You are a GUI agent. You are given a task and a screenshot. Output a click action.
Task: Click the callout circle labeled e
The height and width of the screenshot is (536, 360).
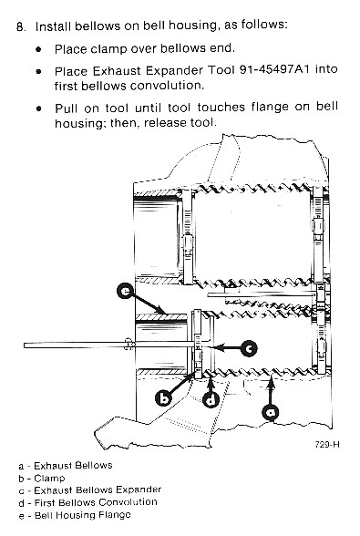coord(126,292)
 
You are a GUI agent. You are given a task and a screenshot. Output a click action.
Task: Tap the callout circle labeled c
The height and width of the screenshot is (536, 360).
coord(249,348)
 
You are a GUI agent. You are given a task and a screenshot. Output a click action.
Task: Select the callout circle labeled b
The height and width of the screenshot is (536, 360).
coord(165,398)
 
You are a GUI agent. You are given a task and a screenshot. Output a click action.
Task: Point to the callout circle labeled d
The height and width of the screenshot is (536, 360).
coord(211,399)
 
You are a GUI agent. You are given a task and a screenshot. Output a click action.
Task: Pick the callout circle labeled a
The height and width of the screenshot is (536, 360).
coord(271,413)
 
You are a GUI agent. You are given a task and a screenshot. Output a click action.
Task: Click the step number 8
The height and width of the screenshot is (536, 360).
coord(21,26)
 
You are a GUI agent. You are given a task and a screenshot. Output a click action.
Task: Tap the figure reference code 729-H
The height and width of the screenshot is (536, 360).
coord(327,445)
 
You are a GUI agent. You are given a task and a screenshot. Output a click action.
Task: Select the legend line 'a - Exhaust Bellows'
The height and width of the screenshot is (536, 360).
coord(66,466)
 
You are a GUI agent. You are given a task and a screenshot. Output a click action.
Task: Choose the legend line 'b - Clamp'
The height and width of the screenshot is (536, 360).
coord(42,479)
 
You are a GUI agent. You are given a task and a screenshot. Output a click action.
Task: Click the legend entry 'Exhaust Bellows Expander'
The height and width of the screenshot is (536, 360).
coord(98,490)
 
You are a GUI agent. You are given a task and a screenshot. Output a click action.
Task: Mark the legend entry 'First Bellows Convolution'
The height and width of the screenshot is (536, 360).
coord(96,502)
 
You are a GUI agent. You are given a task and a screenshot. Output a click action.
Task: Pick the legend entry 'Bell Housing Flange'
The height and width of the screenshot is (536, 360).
coord(83,515)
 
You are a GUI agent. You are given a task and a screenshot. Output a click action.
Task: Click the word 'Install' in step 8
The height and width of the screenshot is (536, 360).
coord(54,26)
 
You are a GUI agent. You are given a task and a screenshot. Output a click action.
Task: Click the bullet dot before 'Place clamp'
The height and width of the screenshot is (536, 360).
coord(38,49)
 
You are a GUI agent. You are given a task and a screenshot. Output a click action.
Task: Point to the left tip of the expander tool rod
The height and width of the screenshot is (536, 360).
coord(25,345)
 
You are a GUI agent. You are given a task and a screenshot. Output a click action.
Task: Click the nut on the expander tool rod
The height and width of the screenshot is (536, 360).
coord(128,344)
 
